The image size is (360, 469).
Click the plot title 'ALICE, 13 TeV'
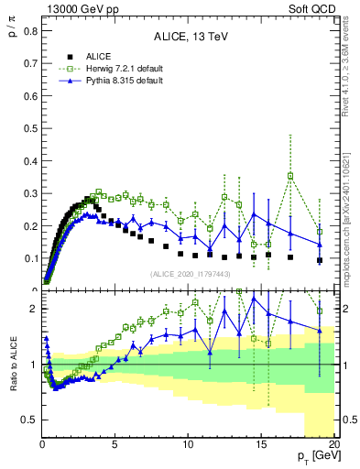pyautogui.click(x=190, y=37)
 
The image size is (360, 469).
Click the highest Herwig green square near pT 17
pyautogui.click(x=290, y=176)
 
